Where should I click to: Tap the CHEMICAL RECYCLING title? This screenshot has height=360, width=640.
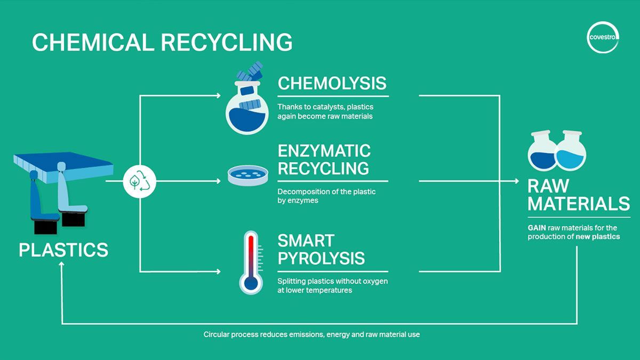[x=162, y=42]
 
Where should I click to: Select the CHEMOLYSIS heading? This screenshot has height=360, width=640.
[x=332, y=83]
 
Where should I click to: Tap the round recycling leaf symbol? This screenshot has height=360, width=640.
[x=140, y=181]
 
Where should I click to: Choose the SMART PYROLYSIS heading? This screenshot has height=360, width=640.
[x=321, y=249]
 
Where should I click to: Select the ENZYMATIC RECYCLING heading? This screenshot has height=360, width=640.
[x=324, y=159]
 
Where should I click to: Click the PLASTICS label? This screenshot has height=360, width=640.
[x=63, y=250]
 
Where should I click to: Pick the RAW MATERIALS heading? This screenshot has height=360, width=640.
[x=578, y=195]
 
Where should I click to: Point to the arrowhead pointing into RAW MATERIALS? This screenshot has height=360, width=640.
[x=516, y=181]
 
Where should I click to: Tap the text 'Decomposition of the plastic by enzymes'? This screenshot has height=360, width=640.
[x=326, y=196]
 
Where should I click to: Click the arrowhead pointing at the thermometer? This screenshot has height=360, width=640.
[x=218, y=271]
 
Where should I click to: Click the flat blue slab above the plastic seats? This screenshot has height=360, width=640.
[x=64, y=163]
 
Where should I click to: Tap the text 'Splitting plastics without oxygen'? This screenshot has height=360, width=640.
[x=332, y=281]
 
